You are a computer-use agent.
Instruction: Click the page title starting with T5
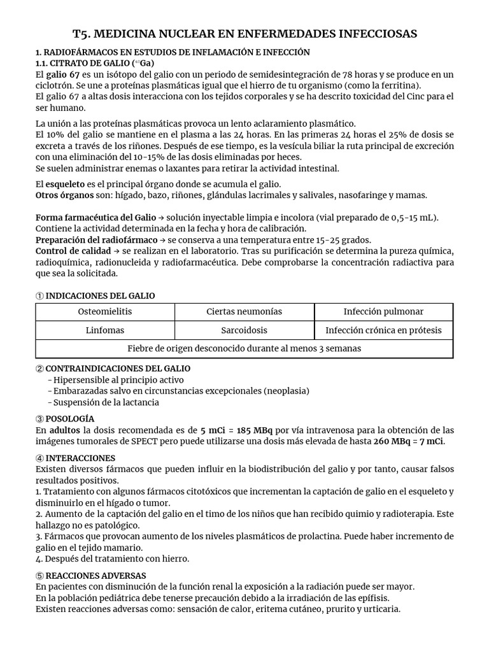click(x=244, y=33)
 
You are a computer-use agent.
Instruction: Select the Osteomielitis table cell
click(x=105, y=311)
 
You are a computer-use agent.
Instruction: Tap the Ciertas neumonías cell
click(x=244, y=311)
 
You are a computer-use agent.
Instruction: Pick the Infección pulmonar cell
click(x=383, y=311)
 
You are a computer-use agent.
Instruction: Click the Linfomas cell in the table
click(x=105, y=330)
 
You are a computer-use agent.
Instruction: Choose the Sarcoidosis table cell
click(x=244, y=330)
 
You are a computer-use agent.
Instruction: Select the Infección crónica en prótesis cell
click(x=383, y=330)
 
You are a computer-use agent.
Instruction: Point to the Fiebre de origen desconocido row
click(x=244, y=349)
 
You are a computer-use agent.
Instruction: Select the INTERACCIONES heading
click(x=80, y=458)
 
